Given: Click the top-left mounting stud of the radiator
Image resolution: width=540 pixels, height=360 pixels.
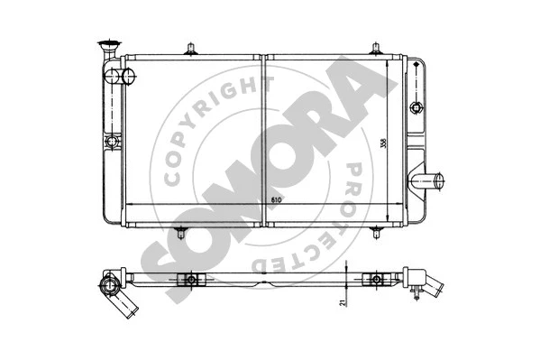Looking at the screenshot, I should (190, 47).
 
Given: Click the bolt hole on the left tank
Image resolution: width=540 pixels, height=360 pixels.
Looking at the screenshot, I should (113, 143).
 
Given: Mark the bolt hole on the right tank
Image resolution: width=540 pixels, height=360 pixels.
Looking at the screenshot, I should (416, 107).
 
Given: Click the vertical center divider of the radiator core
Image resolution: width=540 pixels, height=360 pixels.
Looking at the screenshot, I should (262, 135).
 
